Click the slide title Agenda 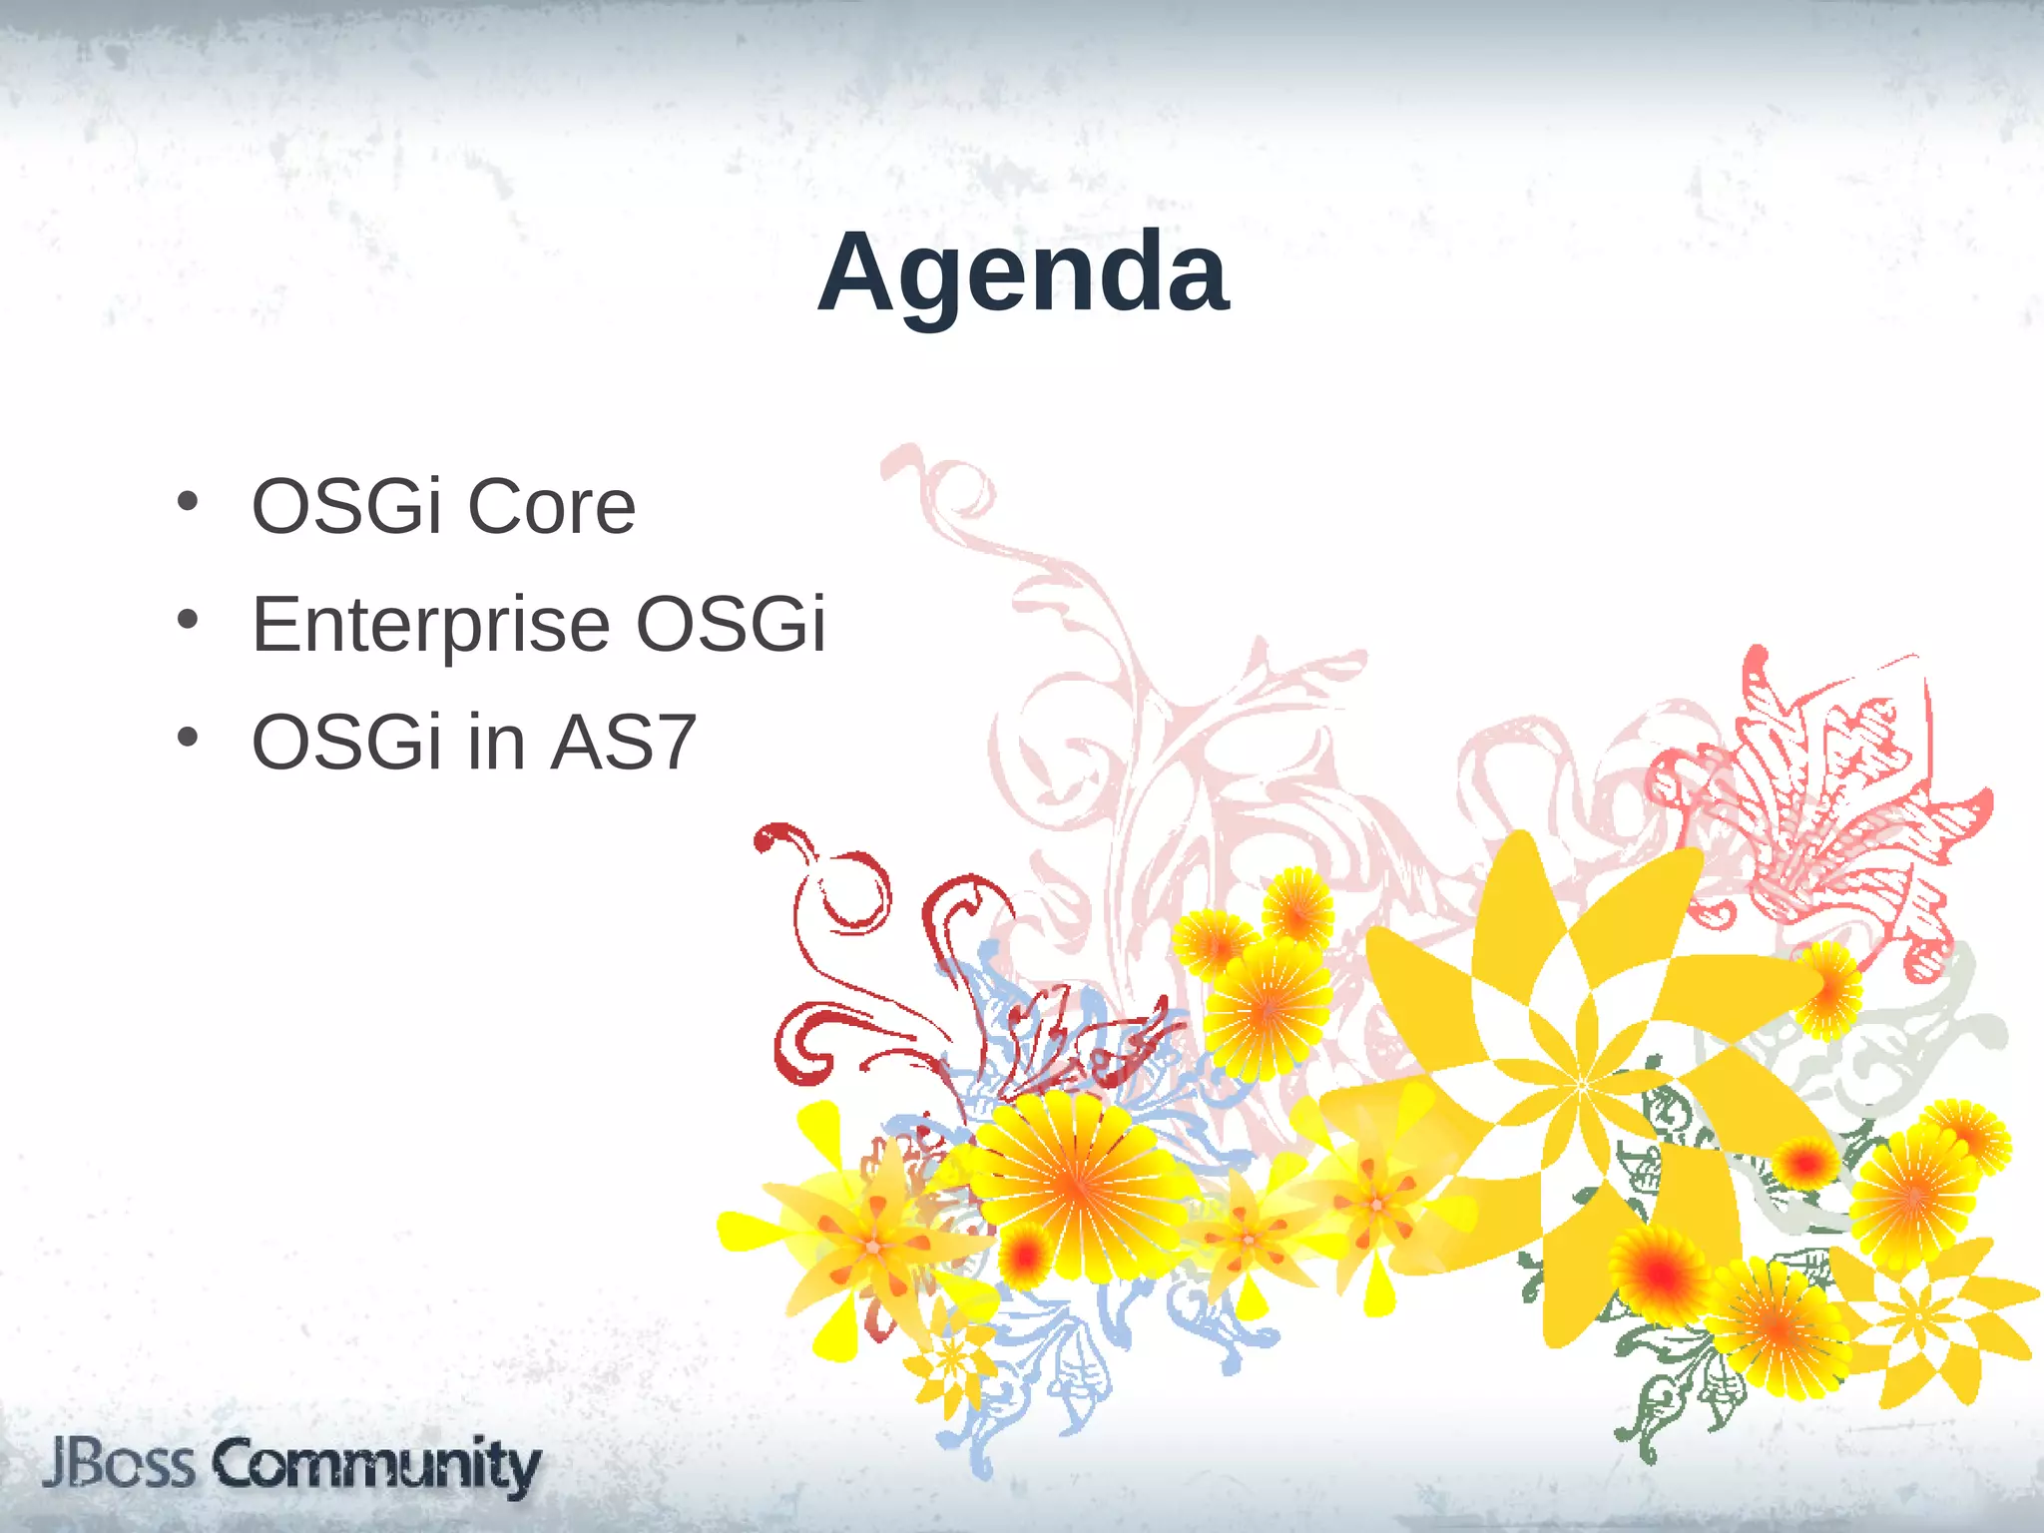(1022, 272)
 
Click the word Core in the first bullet (551, 507)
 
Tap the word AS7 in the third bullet (623, 744)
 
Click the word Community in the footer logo (376, 1466)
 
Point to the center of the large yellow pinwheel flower (1581, 1085)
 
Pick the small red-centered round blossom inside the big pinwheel (1804, 1163)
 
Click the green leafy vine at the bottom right (1677, 1397)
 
